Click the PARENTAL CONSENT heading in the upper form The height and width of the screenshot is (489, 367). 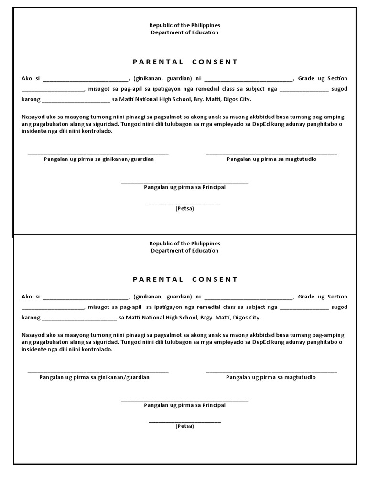click(185, 62)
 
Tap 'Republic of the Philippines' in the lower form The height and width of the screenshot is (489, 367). click(185, 244)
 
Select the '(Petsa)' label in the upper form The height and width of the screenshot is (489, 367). click(184, 209)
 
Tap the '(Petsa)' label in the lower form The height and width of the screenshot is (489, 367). click(184, 426)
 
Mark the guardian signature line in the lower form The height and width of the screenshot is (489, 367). click(98, 372)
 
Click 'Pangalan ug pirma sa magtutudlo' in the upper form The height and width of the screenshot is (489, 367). click(271, 159)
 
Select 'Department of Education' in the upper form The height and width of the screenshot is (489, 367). click(185, 32)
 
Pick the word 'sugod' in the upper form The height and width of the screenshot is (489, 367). click(340, 89)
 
